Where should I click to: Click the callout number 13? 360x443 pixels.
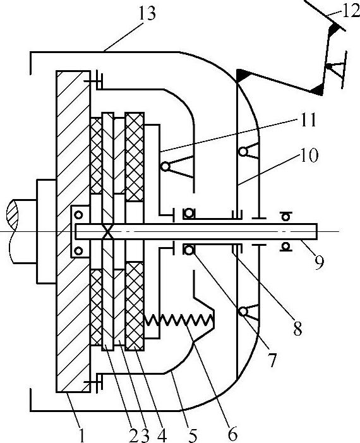(147, 13)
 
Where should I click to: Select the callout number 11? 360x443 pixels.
(307, 120)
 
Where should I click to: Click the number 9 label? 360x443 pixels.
(319, 262)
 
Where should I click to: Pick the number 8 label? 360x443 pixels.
(297, 328)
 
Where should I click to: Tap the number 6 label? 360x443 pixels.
(232, 434)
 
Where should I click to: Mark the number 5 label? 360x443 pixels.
(192, 435)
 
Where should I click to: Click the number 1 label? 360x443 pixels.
(81, 435)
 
